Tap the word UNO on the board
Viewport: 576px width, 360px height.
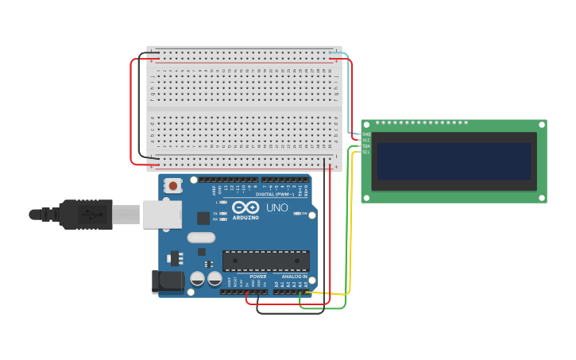[x=276, y=207]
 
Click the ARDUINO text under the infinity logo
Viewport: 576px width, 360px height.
[x=245, y=217]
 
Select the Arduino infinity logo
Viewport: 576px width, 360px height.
[x=245, y=207]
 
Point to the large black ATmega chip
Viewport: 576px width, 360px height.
[x=266, y=261]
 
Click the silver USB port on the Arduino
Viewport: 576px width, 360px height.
[x=162, y=215]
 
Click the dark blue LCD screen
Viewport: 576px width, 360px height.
[x=454, y=161]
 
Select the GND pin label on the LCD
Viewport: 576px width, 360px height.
[x=366, y=134]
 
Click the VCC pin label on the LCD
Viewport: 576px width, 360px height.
[x=366, y=140]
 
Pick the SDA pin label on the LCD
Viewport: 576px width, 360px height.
[x=366, y=146]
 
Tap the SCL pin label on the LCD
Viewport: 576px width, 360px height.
[x=366, y=152]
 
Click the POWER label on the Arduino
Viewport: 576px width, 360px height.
[x=258, y=277]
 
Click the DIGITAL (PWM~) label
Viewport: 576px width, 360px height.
[x=275, y=194]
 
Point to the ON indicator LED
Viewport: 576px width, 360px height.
[x=297, y=214]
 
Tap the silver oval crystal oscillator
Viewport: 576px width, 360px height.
[x=201, y=237]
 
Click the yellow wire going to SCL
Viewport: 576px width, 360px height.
[x=350, y=230]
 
